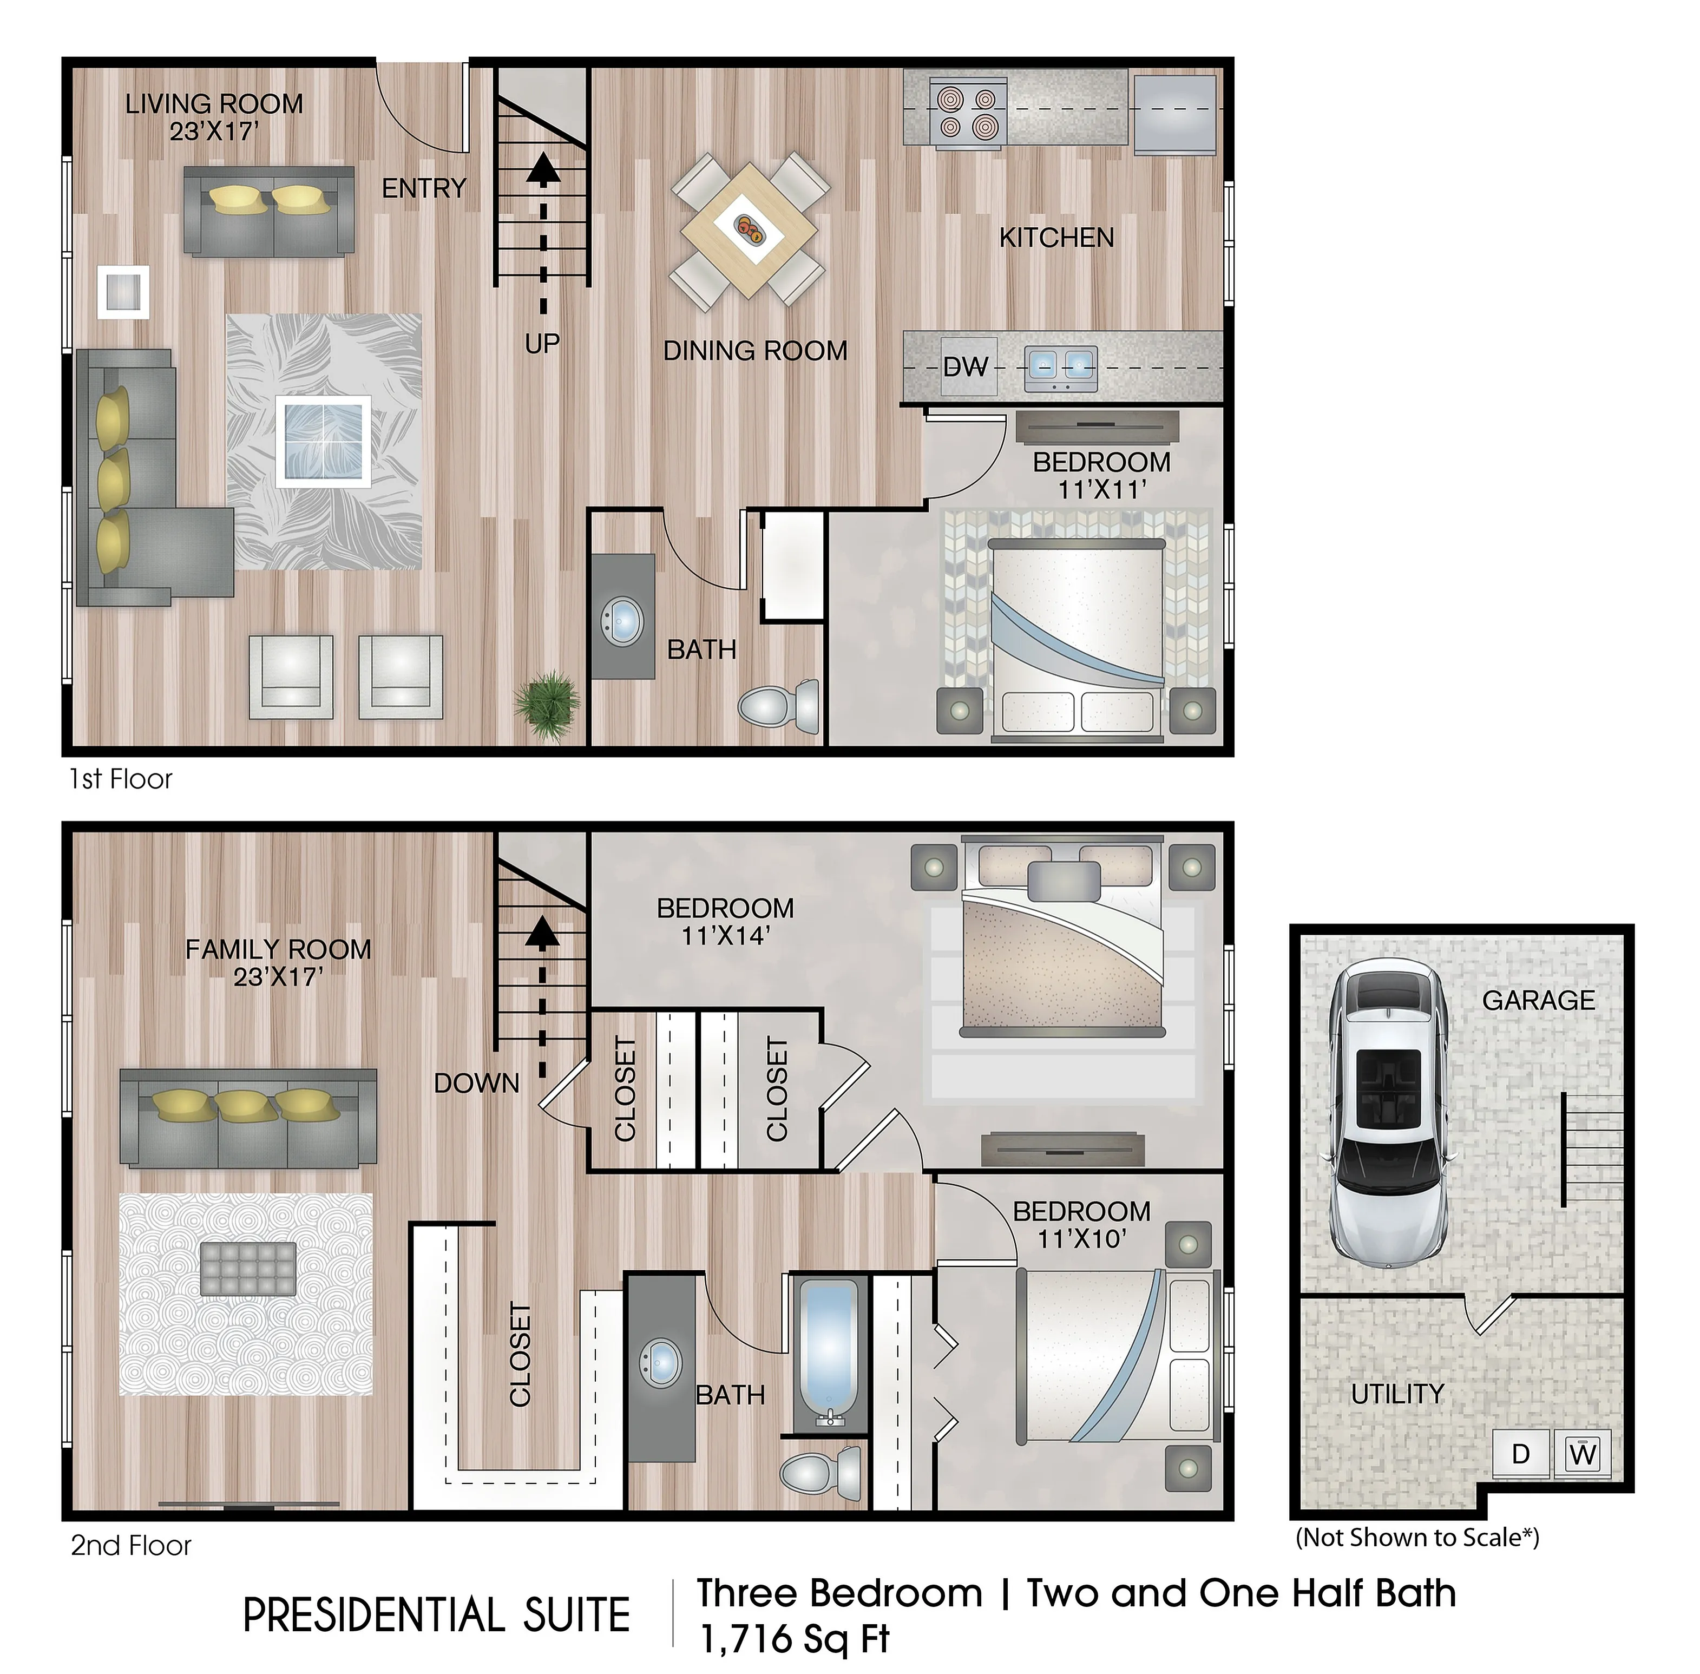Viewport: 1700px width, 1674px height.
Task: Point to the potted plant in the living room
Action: [547, 704]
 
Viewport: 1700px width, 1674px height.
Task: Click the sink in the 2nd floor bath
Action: [661, 1364]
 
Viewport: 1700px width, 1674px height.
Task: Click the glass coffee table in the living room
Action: [323, 441]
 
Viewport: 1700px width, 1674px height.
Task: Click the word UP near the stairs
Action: [541, 344]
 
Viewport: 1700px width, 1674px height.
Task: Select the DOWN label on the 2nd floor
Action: [476, 1083]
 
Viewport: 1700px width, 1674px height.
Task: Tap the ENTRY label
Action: [424, 188]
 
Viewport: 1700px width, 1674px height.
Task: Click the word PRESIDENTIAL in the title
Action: [372, 1615]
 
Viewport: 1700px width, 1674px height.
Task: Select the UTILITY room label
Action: [1397, 1394]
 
